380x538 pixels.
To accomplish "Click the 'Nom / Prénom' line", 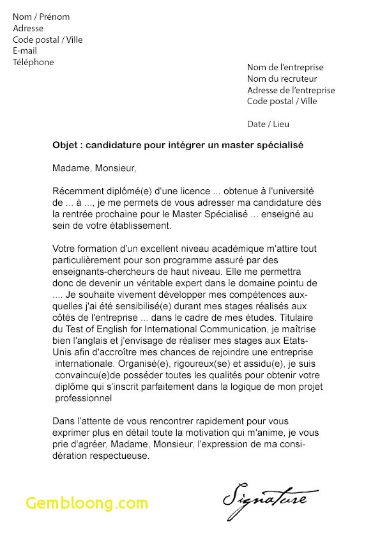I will [x=41, y=17].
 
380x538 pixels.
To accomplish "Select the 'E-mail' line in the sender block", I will [x=25, y=51].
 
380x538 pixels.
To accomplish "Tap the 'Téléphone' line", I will [x=33, y=63].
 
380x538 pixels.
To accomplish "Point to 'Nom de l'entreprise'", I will [x=285, y=68].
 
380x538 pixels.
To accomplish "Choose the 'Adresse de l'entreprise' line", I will [x=291, y=91].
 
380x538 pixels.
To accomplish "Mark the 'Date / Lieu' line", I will [x=268, y=124].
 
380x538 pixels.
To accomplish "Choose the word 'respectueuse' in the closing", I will [x=119, y=456].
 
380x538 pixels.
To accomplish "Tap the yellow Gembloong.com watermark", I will [x=87, y=503].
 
